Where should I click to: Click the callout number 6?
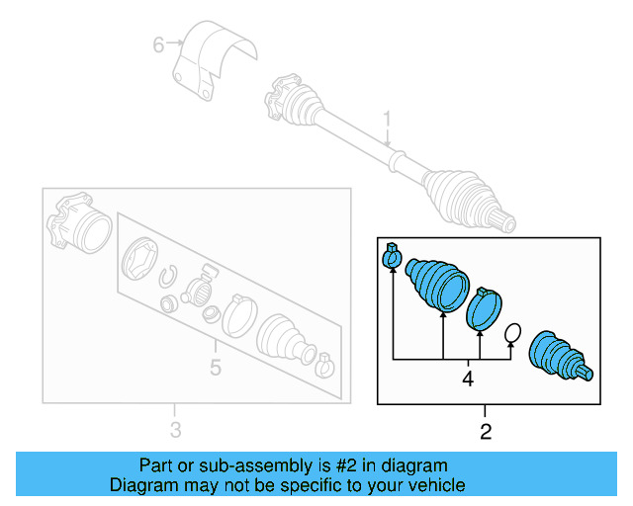[157, 43]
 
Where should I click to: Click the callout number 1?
[388, 119]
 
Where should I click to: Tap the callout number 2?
[485, 431]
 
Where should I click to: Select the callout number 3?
[175, 429]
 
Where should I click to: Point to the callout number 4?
[468, 378]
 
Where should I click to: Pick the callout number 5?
[215, 370]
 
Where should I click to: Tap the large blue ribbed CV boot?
[437, 283]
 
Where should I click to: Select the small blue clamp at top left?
[391, 258]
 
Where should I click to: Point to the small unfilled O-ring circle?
[513, 333]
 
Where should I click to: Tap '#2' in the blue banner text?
[349, 465]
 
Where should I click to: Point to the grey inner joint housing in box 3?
[84, 226]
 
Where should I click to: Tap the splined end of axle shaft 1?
[503, 221]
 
